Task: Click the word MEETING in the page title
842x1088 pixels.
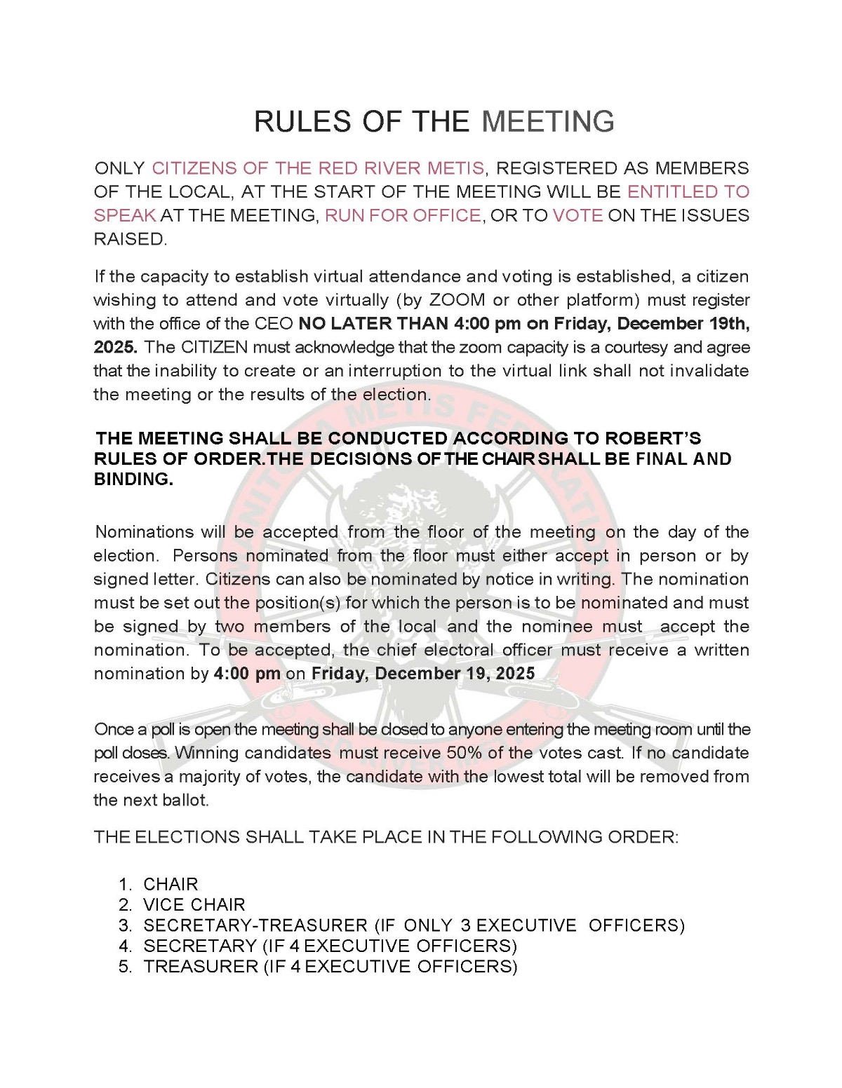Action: tap(548, 121)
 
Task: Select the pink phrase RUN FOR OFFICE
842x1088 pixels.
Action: tap(403, 215)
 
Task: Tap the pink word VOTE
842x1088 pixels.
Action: tap(577, 215)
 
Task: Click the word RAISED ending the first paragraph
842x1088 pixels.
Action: tap(130, 239)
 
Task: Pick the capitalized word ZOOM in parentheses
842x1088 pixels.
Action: tap(457, 300)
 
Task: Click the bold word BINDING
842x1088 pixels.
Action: tap(133, 480)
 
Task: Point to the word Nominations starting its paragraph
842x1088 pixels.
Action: tap(145, 532)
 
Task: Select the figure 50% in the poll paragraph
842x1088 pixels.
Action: tap(463, 753)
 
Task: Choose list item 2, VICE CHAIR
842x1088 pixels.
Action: tap(194, 905)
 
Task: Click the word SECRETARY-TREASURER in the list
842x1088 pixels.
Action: tap(255, 925)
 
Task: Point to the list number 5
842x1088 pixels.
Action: tap(125, 967)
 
